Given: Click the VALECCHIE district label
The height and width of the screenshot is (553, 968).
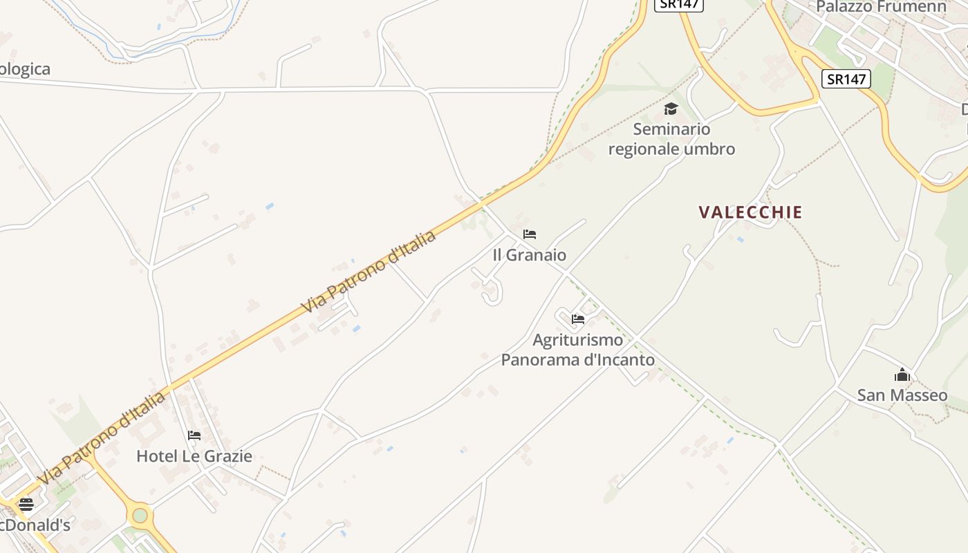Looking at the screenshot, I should click(x=750, y=212).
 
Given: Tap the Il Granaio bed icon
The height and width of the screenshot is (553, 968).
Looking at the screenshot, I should click(x=530, y=234).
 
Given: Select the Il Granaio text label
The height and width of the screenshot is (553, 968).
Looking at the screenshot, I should click(x=529, y=255).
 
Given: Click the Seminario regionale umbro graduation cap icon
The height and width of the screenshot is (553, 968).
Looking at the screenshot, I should click(x=671, y=109).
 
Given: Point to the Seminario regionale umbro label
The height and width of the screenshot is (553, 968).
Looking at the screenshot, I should click(x=671, y=139).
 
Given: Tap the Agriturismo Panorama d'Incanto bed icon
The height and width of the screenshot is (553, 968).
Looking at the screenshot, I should click(x=578, y=319).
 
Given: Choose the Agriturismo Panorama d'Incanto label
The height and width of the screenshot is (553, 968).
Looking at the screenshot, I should click(x=578, y=350).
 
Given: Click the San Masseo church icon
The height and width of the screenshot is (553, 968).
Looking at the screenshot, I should click(x=902, y=375).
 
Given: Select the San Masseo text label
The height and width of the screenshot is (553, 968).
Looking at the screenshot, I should click(x=902, y=395).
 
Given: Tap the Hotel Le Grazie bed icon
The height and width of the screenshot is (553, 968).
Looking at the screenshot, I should click(x=194, y=435).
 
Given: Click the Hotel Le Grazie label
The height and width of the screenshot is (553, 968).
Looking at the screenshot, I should click(x=194, y=456).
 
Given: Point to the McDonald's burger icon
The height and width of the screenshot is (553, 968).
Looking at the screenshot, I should click(x=26, y=505).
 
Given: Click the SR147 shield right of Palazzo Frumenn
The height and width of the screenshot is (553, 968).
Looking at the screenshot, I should click(x=846, y=79).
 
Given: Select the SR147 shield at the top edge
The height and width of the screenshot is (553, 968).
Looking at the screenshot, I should click(x=679, y=4).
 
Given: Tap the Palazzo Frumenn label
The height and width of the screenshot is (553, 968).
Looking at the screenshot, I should click(x=881, y=7).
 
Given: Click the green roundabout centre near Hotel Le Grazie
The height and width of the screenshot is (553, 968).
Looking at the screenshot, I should click(x=140, y=515).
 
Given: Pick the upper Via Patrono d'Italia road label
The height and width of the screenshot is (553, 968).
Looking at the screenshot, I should click(x=369, y=272).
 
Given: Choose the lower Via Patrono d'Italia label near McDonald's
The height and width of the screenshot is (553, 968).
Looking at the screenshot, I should click(x=102, y=438).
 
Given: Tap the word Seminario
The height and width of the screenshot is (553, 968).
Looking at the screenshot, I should click(x=671, y=129).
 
